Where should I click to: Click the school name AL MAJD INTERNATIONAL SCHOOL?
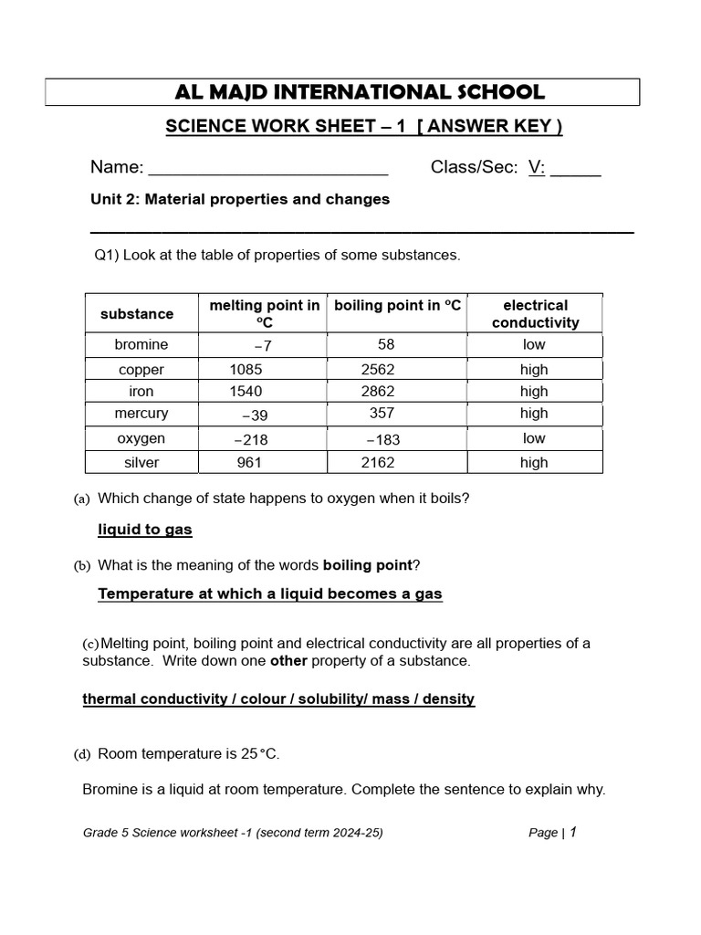[360, 92]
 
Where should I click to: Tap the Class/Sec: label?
[474, 167]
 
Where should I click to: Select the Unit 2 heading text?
[240, 199]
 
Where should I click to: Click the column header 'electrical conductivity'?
[535, 313]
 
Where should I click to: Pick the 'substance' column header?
[137, 313]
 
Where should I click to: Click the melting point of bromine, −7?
[263, 345]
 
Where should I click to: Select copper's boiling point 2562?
[378, 370]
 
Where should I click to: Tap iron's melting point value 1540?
[246, 392]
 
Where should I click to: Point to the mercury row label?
[141, 414]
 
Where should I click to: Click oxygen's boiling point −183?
[383, 439]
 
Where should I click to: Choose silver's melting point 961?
[249, 463]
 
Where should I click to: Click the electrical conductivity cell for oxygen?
[534, 439]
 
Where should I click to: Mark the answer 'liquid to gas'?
[145, 530]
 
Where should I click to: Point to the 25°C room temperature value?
[260, 754]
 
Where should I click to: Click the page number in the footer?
[573, 832]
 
